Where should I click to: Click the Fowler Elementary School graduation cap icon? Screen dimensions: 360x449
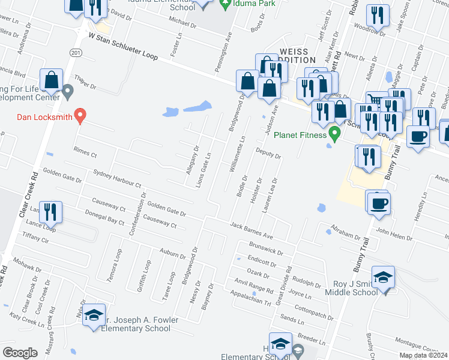tap(94, 316)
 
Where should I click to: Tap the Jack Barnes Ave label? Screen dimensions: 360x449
tap(252, 229)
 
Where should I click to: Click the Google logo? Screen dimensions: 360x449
tap(20, 352)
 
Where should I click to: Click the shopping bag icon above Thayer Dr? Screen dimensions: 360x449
tap(52, 80)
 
